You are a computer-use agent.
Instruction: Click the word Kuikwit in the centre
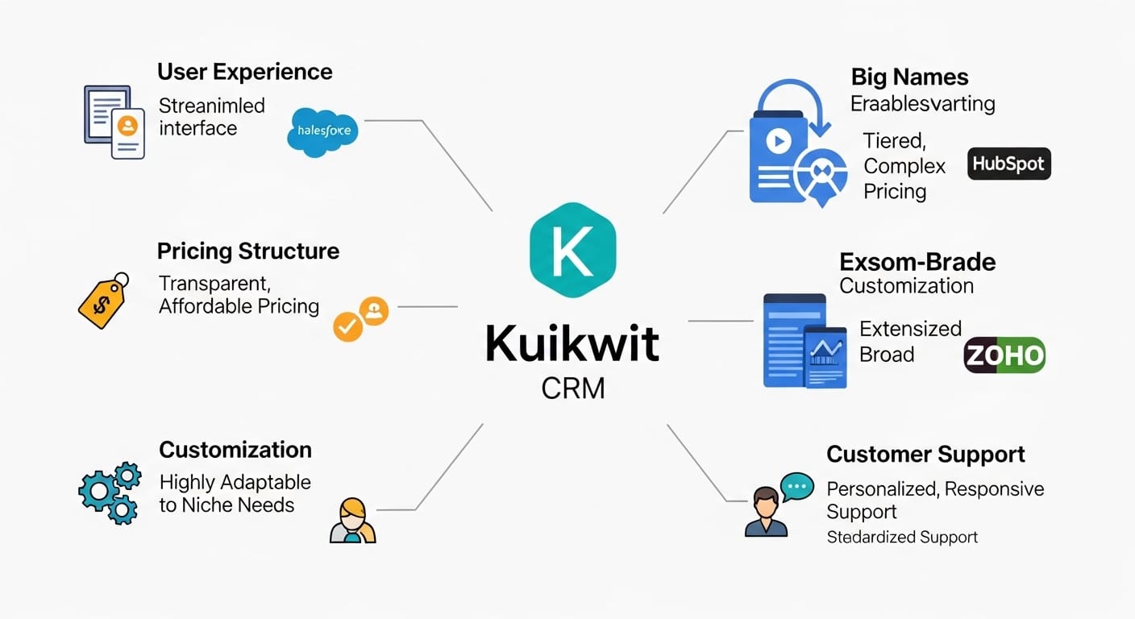click(x=572, y=344)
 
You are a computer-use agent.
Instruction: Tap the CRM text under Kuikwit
click(x=573, y=388)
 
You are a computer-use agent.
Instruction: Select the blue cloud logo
click(x=322, y=131)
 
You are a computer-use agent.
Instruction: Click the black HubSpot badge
click(x=1008, y=164)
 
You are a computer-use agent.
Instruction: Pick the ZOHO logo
click(x=1004, y=355)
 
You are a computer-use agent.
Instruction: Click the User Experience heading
click(x=244, y=72)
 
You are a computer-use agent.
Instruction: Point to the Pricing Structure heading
click(x=248, y=251)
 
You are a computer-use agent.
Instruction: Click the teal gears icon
click(x=110, y=491)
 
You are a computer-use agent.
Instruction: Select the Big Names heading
click(x=909, y=77)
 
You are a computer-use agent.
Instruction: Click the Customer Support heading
click(x=925, y=454)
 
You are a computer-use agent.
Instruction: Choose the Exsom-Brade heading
click(x=917, y=262)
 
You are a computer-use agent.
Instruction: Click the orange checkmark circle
click(x=348, y=326)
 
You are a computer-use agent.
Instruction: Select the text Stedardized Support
click(x=902, y=537)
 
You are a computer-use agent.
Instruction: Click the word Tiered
click(x=893, y=141)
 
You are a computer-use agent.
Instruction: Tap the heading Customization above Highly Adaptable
click(x=235, y=449)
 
